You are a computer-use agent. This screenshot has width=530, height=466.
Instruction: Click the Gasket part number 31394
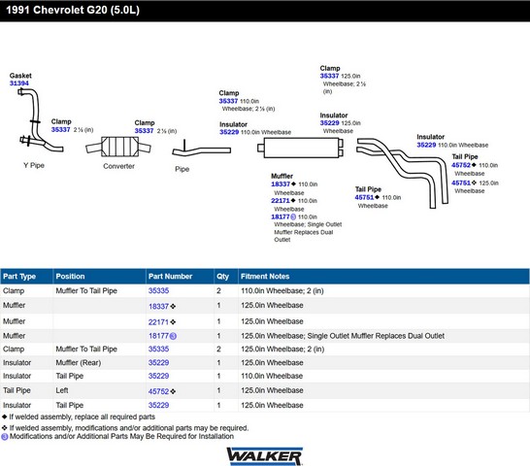19,83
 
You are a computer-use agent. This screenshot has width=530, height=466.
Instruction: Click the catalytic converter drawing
118,147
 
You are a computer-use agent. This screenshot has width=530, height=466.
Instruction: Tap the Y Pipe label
34,165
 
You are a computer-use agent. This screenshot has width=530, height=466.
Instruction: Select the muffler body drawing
301,148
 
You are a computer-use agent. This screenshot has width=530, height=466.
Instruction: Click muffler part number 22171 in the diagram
281,201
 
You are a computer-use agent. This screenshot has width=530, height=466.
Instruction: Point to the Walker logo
265,456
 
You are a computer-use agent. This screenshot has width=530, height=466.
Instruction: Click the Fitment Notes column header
265,277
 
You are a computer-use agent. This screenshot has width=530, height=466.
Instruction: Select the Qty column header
222,277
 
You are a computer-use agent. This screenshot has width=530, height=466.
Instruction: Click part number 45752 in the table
158,391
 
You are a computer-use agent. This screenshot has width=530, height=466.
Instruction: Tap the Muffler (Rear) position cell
79,362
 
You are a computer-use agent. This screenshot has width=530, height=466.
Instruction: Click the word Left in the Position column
62,390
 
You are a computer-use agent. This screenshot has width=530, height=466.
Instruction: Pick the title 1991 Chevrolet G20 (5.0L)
73,10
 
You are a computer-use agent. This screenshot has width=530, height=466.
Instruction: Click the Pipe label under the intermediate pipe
182,169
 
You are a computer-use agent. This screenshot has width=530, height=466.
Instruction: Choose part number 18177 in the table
158,336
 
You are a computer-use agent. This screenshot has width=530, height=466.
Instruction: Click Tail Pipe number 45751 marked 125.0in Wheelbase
461,183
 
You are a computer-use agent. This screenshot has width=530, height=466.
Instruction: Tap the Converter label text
118,166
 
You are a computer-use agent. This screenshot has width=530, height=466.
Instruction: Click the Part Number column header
170,277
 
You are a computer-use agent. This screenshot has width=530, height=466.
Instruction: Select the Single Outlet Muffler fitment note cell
343,336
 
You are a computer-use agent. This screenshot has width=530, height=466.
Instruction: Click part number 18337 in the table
158,307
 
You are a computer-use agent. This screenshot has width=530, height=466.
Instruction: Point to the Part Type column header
19,277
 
